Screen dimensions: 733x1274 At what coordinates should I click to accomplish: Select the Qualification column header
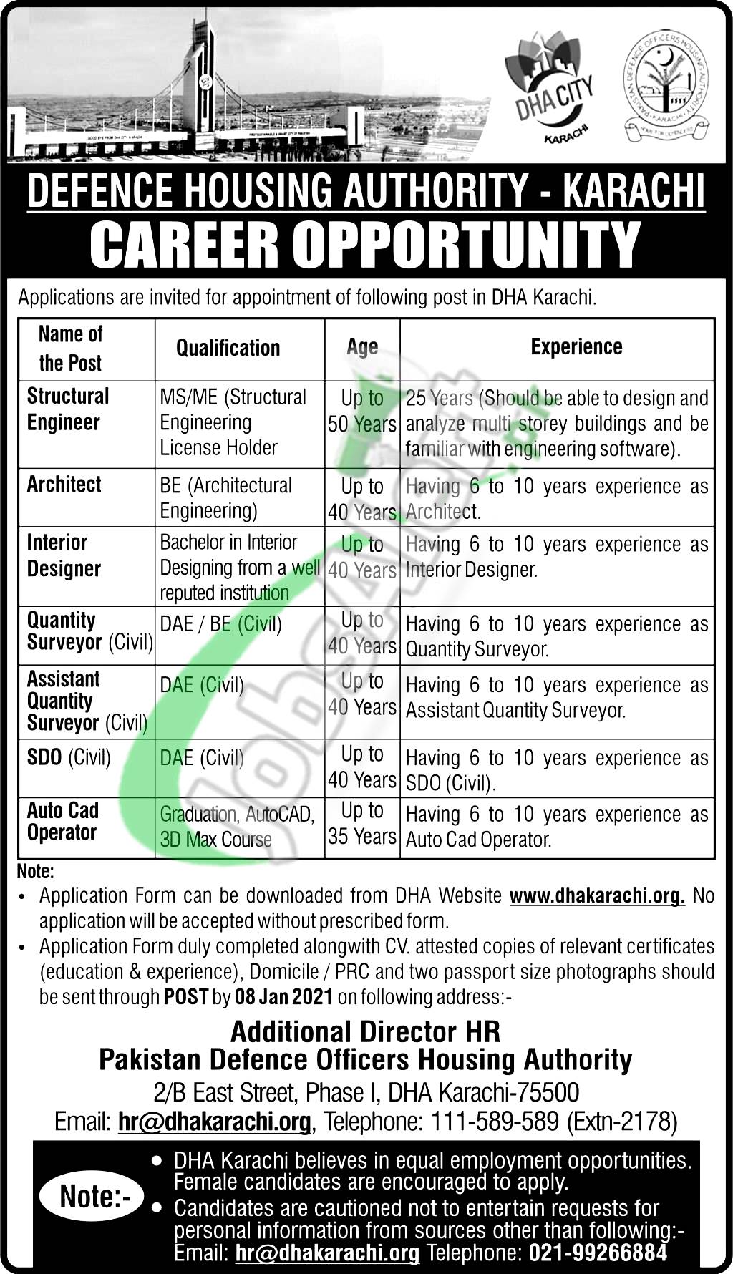tap(228, 348)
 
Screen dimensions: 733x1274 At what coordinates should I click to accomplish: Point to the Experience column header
tap(576, 347)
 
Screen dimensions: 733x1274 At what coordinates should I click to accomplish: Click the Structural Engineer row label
tap(68, 409)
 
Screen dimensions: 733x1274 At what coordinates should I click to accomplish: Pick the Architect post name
tap(64, 485)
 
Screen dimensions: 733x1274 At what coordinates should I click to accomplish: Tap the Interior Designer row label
tap(64, 555)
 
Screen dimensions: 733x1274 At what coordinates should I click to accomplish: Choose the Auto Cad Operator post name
tap(63, 822)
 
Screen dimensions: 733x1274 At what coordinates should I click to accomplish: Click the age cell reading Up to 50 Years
tap(362, 411)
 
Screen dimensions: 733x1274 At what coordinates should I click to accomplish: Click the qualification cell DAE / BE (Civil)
tap(220, 624)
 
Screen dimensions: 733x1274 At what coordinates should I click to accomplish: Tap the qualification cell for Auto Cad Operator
tap(237, 827)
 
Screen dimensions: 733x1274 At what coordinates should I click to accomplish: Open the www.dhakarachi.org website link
tap(597, 895)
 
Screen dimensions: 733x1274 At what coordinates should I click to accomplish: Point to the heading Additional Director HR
tap(366, 1032)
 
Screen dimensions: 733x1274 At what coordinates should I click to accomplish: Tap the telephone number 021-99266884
tap(598, 1253)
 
